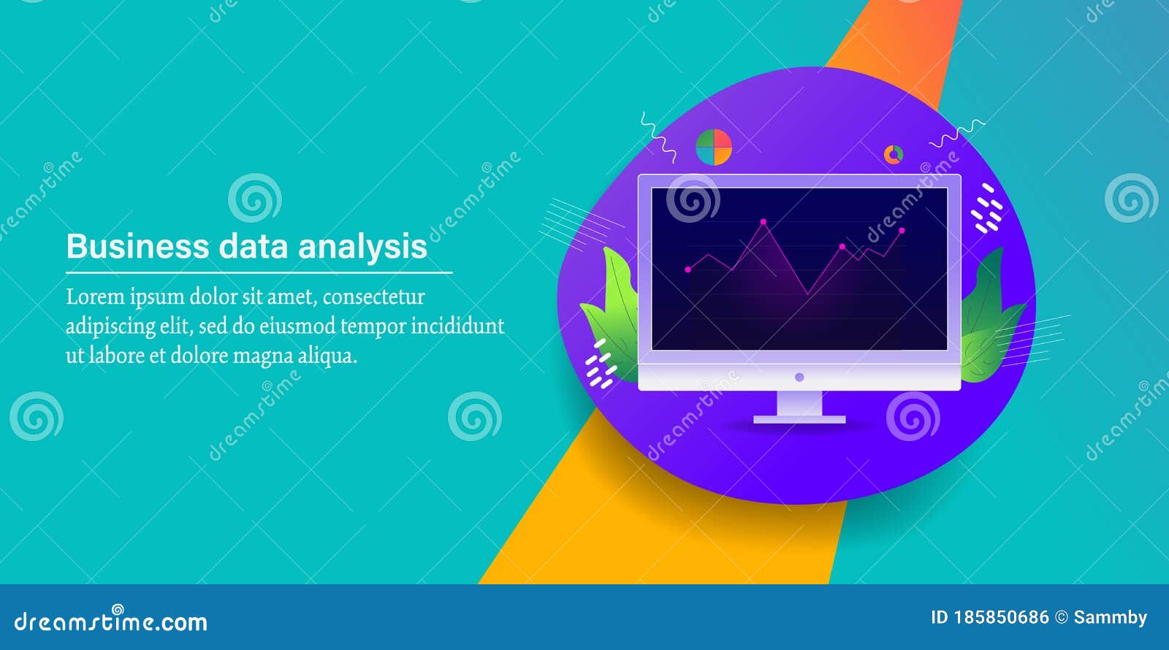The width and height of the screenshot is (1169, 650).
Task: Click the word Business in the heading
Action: [138, 246]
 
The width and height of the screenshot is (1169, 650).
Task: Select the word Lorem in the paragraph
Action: [96, 297]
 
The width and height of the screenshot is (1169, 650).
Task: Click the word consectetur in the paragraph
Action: [373, 297]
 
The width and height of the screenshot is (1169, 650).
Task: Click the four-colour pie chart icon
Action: [714, 147]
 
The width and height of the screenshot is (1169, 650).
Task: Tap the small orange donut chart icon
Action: [894, 154]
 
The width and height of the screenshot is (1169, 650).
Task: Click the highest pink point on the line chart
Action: [764, 222]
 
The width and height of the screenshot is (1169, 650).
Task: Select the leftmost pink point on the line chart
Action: [688, 269]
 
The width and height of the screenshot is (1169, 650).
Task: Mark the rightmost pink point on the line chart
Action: [902, 230]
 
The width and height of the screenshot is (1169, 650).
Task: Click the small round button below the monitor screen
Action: [799, 377]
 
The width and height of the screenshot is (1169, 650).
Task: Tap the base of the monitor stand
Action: [799, 419]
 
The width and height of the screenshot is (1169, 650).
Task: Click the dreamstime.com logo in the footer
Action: [110, 620]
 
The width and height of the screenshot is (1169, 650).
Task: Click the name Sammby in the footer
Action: [1110, 619]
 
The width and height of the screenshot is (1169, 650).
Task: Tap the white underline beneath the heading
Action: [259, 272]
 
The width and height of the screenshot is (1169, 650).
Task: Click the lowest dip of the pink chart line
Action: [808, 294]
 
